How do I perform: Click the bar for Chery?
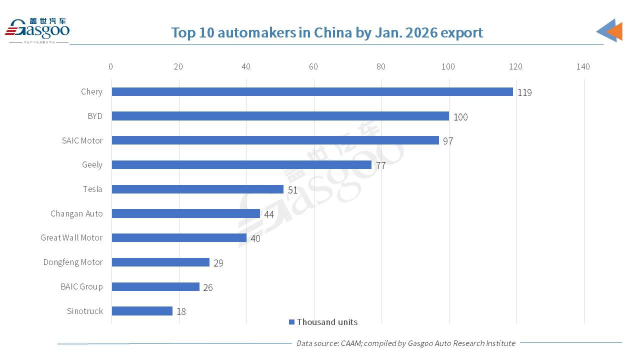(x=312, y=91)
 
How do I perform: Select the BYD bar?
(x=280, y=116)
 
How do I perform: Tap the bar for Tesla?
(x=197, y=189)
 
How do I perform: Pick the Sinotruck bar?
(x=142, y=311)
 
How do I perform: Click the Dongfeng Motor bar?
(x=160, y=262)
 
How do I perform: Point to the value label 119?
(x=524, y=92)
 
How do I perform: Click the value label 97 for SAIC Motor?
(x=448, y=141)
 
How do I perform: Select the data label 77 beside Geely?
(x=380, y=165)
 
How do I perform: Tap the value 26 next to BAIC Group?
(x=208, y=287)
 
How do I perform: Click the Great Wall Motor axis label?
(x=71, y=237)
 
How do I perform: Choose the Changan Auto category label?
(x=76, y=213)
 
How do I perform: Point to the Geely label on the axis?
(x=92, y=164)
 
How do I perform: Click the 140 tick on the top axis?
(x=583, y=66)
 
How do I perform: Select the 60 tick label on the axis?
(x=313, y=66)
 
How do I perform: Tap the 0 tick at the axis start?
(x=110, y=66)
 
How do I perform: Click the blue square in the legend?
(x=291, y=322)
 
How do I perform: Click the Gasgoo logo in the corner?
(x=37, y=31)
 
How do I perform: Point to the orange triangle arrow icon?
(x=615, y=31)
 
